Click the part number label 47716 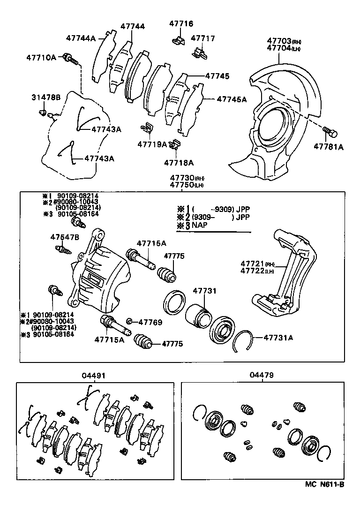pyautogui.click(x=180, y=23)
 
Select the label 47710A pyautogui.click(x=41, y=58)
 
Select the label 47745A pyautogui.click(x=231, y=99)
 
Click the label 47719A pyautogui.click(x=152, y=144)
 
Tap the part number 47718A pyautogui.click(x=179, y=163)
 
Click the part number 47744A pyautogui.click(x=81, y=38)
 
